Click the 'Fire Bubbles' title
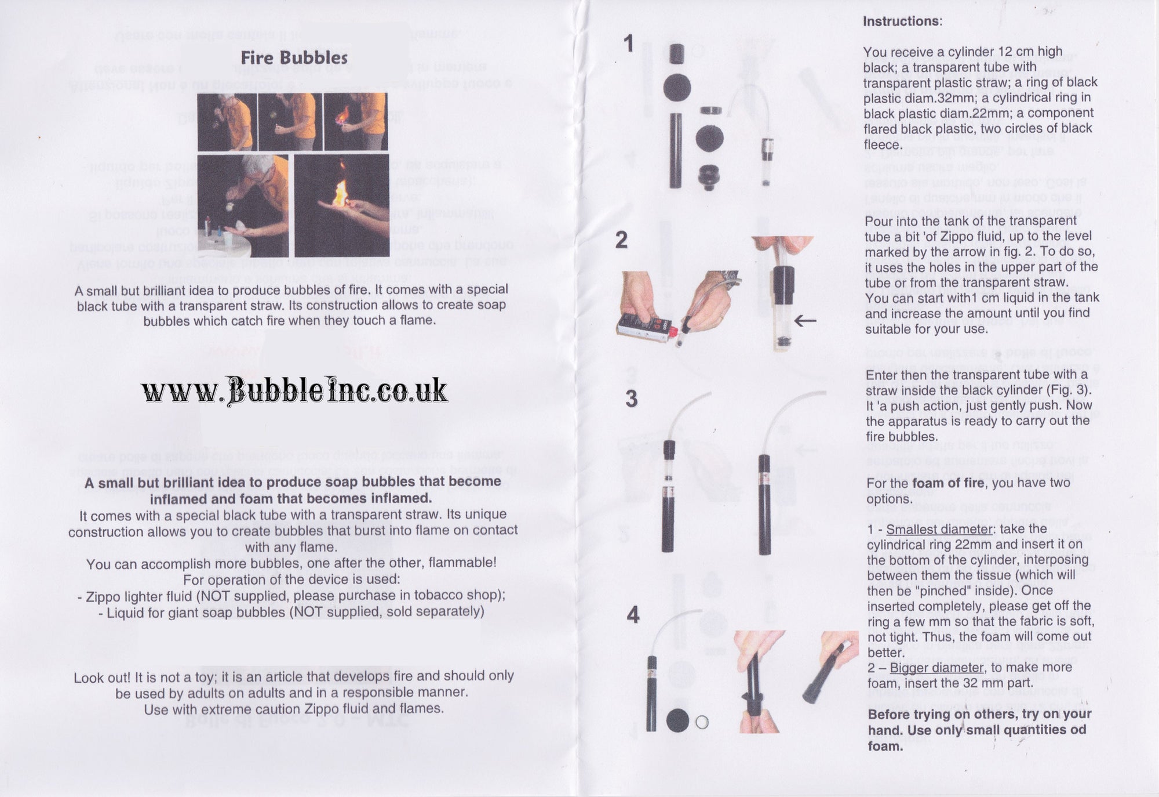[294, 58]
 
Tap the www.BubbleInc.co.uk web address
[294, 390]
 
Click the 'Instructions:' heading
[902, 21]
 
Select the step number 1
[629, 44]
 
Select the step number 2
[621, 240]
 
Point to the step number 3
[631, 399]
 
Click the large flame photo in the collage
[341, 205]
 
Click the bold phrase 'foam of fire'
[948, 483]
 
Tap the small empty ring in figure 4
[702, 722]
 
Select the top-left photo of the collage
[227, 122]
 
